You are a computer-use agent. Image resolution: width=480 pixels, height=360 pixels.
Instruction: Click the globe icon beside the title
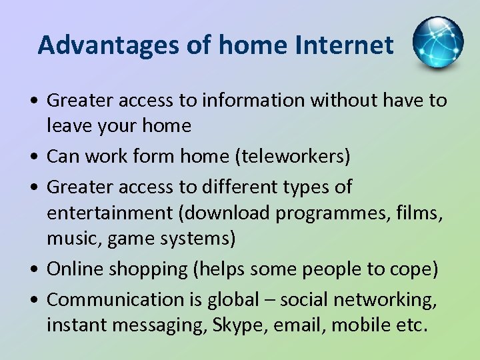(437, 43)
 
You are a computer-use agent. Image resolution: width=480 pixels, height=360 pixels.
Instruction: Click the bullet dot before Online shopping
(33, 270)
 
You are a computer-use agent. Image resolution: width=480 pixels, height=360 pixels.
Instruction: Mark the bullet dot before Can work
(33, 157)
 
